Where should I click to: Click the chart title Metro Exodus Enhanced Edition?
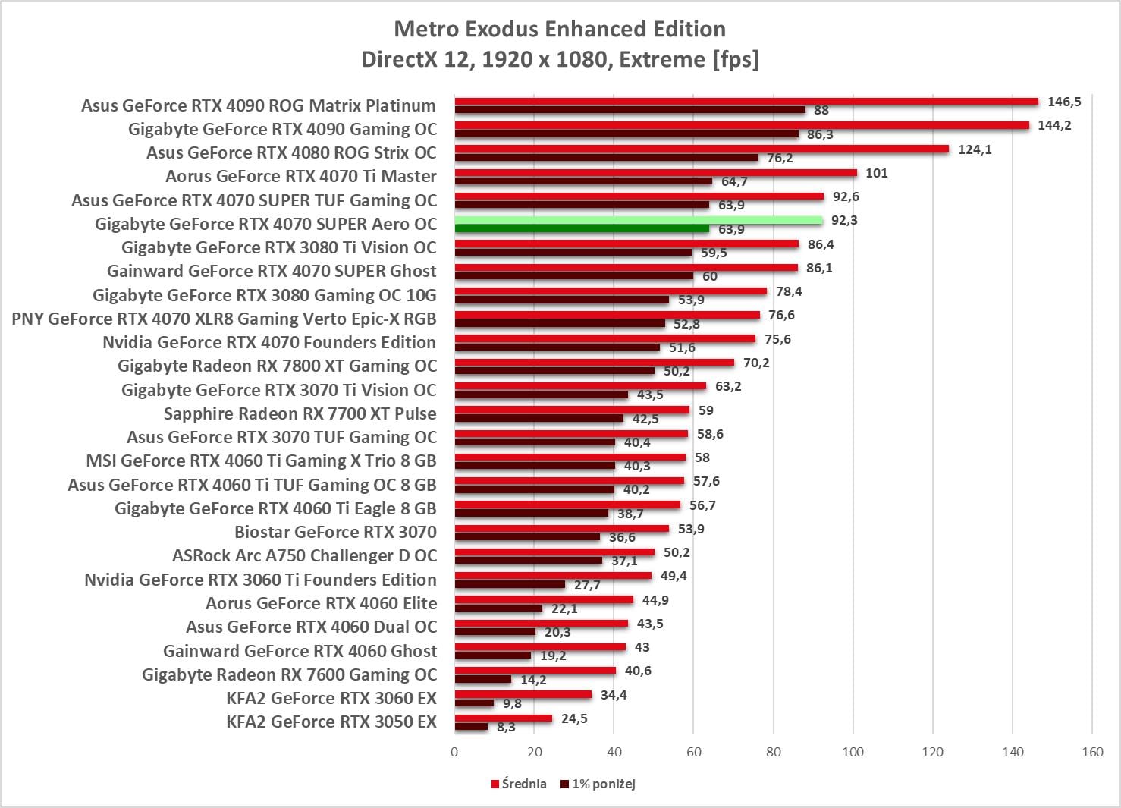tap(560, 29)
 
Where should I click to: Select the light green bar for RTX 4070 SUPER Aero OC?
tap(639, 220)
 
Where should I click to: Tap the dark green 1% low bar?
tap(582, 228)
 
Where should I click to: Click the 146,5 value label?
tap(1064, 102)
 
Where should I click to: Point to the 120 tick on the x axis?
tap(932, 752)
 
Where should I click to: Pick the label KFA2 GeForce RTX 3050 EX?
tap(331, 722)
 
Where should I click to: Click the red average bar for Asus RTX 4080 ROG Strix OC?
tap(702, 149)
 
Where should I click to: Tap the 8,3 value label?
tap(506, 727)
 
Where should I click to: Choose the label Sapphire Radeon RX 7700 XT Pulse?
tap(300, 413)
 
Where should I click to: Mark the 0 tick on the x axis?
tap(454, 752)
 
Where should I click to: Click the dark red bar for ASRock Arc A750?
tap(528, 561)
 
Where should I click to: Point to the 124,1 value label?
tap(975, 149)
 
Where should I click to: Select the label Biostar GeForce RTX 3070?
tap(335, 532)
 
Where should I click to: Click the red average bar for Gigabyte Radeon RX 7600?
tap(535, 671)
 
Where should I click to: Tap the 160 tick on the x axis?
tap(1092, 752)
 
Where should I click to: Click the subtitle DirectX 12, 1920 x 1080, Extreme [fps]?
tap(560, 59)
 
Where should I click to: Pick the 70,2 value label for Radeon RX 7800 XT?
tap(756, 363)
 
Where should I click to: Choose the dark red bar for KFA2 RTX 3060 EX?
tap(474, 703)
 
